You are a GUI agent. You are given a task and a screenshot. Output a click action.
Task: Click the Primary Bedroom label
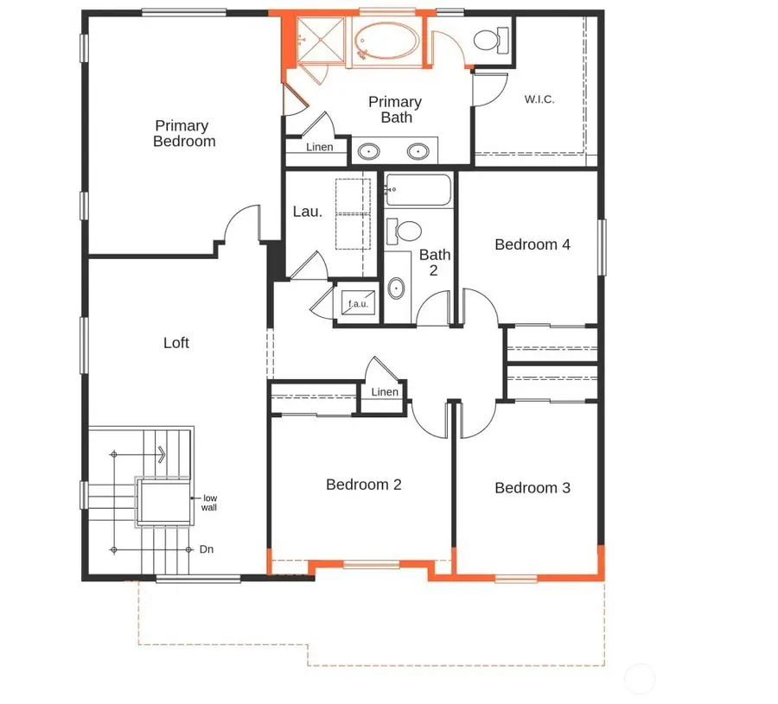183,134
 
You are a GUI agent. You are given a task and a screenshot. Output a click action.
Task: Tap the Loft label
176,343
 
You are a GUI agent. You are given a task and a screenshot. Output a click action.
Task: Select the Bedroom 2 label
363,485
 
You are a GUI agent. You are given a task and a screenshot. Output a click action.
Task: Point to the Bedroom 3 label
532,488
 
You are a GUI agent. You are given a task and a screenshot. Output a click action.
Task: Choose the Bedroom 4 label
532,244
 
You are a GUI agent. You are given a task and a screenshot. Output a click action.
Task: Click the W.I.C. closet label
539,99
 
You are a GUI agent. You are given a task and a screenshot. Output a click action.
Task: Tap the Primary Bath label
396,110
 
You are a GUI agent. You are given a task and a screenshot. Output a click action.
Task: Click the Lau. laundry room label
308,211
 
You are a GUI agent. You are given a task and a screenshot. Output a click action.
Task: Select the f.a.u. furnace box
358,304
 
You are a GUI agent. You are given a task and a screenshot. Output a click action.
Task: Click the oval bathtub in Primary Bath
387,41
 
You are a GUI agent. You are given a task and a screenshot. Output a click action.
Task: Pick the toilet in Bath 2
405,231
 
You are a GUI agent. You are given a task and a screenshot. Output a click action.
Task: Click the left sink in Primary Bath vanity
368,152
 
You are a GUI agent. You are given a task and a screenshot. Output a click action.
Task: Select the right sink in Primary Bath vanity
418,152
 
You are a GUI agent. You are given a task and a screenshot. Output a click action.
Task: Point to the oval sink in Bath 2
397,288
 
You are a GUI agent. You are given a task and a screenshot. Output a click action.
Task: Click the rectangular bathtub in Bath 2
418,189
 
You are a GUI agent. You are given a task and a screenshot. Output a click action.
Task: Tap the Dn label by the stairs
207,549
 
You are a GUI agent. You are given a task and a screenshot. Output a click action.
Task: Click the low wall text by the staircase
209,503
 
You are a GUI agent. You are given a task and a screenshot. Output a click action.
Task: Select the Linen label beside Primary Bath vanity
319,148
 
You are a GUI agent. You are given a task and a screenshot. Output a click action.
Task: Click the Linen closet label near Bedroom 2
385,392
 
